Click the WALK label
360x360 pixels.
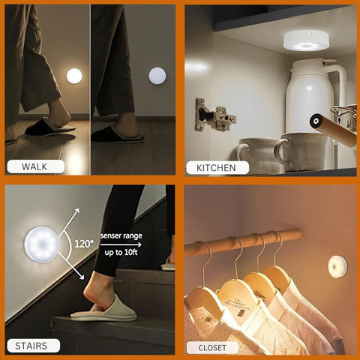[34, 166]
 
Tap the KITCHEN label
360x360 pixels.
[216, 168]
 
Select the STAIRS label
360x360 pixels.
[31, 346]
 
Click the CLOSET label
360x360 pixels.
[212, 348]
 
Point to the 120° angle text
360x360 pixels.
[84, 244]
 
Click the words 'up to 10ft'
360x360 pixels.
[121, 253]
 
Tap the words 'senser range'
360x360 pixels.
[121, 235]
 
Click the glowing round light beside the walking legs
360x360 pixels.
[74, 76]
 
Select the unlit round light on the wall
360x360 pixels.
[157, 76]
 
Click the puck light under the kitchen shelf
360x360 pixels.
[306, 40]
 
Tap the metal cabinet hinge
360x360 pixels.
[215, 115]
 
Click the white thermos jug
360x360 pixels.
[316, 95]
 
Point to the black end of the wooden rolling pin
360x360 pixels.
[316, 121]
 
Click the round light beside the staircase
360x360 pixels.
[41, 244]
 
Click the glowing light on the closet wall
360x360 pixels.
[337, 267]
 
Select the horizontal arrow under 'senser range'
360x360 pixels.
[121, 244]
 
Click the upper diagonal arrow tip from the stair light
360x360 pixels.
[79, 209]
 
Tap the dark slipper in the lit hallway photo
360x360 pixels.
[49, 127]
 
